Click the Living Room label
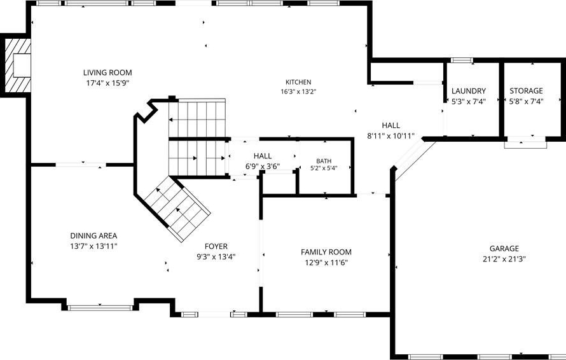[x=107, y=73]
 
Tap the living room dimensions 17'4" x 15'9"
[x=107, y=83]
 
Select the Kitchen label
[x=298, y=82]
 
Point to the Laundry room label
[x=469, y=91]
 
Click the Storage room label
[x=526, y=91]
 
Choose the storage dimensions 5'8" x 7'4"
[x=527, y=102]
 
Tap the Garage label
[x=504, y=249]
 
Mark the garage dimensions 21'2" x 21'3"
[x=504, y=259]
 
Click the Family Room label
[x=326, y=252]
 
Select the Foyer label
[x=216, y=246]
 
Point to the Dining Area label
[x=93, y=236]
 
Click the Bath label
[x=324, y=161]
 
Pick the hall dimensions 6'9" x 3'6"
[x=263, y=167]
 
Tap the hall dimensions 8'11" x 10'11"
[x=391, y=136]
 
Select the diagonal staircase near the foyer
[x=177, y=209]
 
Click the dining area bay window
[x=100, y=308]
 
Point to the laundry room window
[x=462, y=60]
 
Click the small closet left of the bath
[x=279, y=184]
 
